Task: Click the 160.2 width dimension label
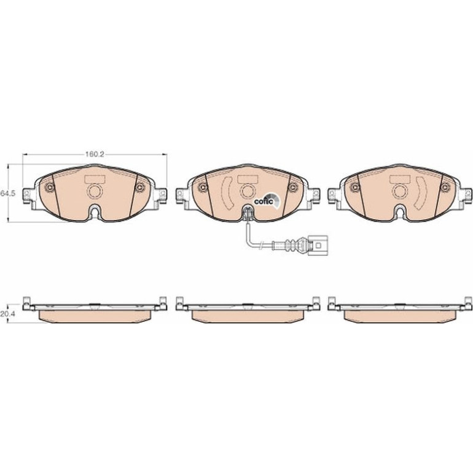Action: [95, 154]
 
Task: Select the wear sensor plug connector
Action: [318, 246]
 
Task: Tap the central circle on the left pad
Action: [95, 191]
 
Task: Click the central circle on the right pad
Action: [401, 191]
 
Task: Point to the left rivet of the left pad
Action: [49, 188]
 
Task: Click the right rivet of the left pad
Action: [139, 188]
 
